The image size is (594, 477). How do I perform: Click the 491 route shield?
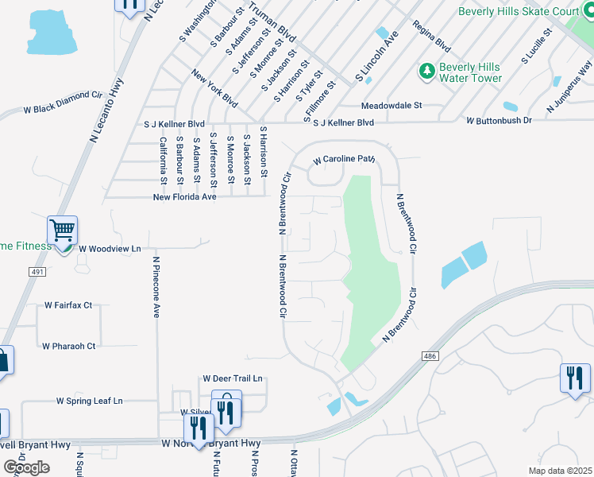[x=38, y=272]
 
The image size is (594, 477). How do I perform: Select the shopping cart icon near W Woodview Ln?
[x=62, y=231]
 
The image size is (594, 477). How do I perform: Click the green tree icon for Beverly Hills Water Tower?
[x=427, y=72]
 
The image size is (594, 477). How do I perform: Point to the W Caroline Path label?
[x=343, y=160]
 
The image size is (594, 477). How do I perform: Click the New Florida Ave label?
[x=184, y=196]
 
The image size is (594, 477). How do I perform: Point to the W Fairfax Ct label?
[x=68, y=304]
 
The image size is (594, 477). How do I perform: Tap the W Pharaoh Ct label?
[x=69, y=346]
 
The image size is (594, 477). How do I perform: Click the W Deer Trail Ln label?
[x=232, y=378]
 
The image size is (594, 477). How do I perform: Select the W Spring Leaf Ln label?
[x=90, y=401]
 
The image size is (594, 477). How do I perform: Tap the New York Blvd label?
[x=215, y=88]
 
